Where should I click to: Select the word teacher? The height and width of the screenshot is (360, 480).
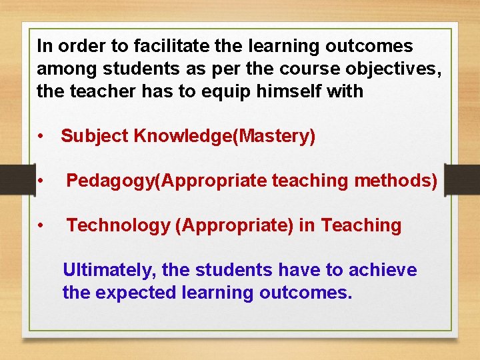click(x=96, y=91)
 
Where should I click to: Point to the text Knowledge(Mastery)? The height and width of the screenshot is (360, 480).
click(x=225, y=136)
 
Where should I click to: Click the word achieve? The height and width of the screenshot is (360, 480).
click(x=385, y=270)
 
